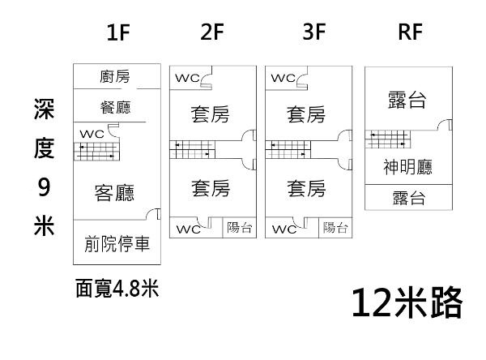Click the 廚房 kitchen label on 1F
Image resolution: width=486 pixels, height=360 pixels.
(x=114, y=77)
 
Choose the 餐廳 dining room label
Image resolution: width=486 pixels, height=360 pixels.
(x=114, y=107)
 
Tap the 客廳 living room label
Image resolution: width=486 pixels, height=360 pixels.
(x=114, y=192)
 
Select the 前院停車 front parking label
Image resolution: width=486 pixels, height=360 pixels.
(x=117, y=244)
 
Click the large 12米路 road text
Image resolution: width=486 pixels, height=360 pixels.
(x=407, y=303)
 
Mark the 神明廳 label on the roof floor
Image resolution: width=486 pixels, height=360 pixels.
(x=407, y=167)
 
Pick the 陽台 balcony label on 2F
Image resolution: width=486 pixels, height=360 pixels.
(x=239, y=228)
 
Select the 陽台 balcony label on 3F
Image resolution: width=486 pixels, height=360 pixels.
(x=335, y=228)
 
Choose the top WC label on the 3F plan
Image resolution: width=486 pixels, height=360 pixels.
(x=283, y=79)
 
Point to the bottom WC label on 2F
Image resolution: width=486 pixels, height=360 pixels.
(x=188, y=228)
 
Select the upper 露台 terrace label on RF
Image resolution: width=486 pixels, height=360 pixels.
(x=407, y=101)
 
